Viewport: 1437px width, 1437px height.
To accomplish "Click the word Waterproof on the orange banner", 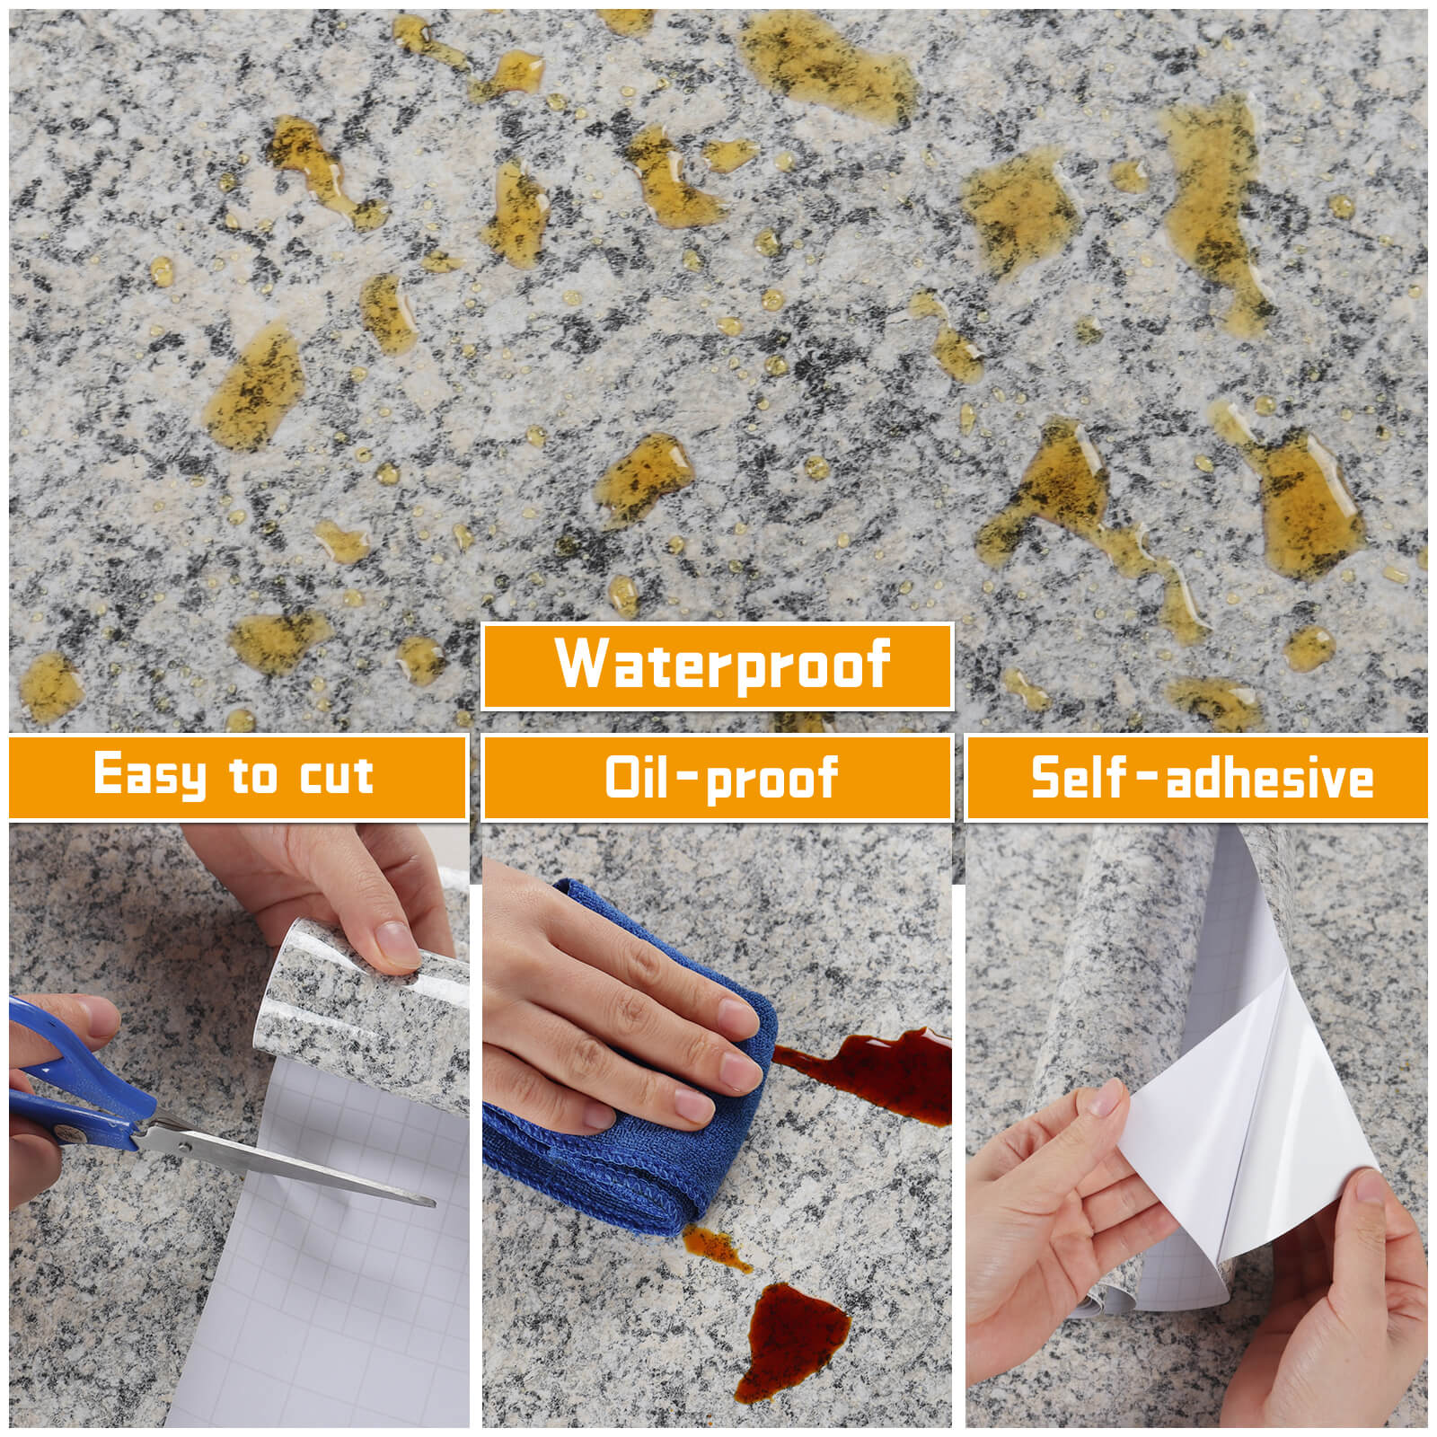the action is coord(723,665).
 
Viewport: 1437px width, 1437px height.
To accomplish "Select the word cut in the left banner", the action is coord(336,775).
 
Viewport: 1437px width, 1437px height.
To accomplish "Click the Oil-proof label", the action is coord(721,778).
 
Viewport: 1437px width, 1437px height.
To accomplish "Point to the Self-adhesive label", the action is coord(1202,778).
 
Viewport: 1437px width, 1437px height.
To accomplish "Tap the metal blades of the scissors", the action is coord(287,1163).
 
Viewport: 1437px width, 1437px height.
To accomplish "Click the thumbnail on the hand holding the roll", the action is coord(395,945).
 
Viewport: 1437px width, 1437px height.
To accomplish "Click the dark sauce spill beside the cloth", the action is coord(871,1074).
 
